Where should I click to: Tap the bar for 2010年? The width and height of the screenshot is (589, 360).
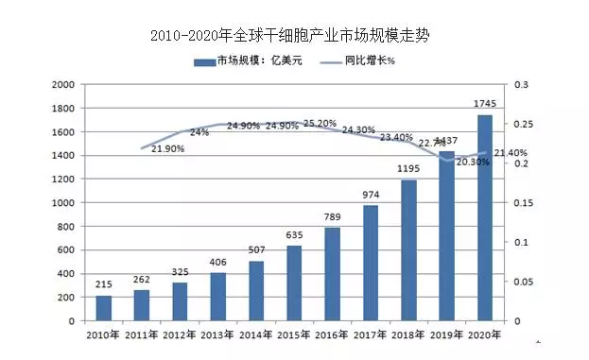click(x=104, y=308)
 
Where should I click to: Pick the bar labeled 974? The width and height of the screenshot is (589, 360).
click(x=370, y=263)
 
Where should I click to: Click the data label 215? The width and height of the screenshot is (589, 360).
click(x=104, y=284)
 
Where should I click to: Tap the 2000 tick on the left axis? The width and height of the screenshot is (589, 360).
click(x=62, y=84)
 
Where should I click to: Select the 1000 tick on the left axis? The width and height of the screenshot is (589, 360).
click(x=62, y=203)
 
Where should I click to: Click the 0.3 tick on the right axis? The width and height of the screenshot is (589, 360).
click(x=520, y=84)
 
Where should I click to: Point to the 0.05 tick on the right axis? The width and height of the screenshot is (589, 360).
click(x=524, y=282)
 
